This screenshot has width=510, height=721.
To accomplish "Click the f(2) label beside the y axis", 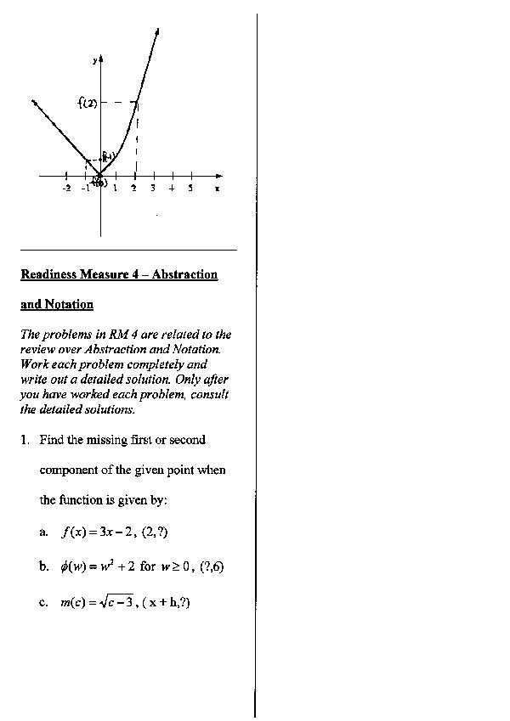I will point(86,104).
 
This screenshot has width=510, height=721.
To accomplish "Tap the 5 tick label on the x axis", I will point(190,189).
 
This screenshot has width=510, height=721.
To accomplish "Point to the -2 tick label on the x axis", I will point(66,189).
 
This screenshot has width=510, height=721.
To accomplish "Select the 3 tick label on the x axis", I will point(152,189).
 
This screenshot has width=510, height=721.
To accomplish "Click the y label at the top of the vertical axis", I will point(94,61).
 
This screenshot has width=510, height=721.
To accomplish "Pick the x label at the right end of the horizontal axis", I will point(218,189).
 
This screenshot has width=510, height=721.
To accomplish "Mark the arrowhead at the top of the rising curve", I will point(158,32).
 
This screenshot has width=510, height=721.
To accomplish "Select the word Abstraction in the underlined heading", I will point(184,274).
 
